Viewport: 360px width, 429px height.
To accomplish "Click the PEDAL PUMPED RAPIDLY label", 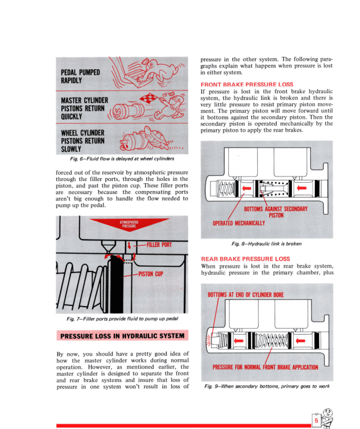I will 81,76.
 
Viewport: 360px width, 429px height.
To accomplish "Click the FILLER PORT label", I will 159,245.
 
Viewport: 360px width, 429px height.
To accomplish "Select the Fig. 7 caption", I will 122,319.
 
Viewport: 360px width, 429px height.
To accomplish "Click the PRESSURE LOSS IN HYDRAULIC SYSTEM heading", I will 123,336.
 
